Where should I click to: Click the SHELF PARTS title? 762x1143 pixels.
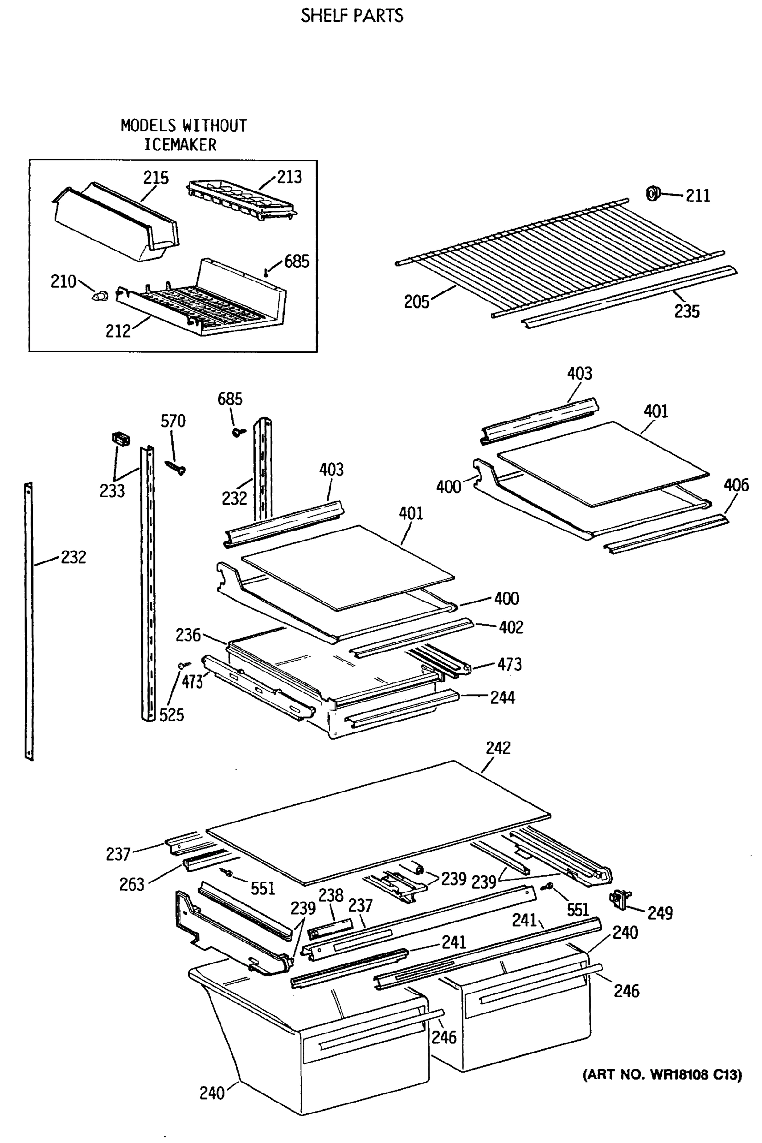(352, 16)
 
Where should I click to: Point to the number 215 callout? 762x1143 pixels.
(156, 178)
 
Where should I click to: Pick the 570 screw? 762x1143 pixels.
(176, 468)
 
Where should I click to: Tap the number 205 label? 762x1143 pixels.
(416, 302)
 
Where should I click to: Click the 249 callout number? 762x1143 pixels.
(660, 913)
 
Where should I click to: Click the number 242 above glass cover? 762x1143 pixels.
(498, 748)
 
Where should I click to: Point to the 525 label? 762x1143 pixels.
(171, 715)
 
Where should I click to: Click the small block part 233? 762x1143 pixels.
(121, 438)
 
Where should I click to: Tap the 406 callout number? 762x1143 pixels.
(736, 484)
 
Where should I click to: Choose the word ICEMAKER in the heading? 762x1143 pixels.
(180, 145)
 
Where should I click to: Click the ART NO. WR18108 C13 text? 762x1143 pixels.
(662, 1074)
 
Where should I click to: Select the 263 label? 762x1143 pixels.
(132, 884)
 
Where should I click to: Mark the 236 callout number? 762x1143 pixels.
(188, 635)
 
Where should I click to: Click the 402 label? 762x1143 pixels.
(511, 627)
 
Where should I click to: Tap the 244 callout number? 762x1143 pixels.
(502, 698)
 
